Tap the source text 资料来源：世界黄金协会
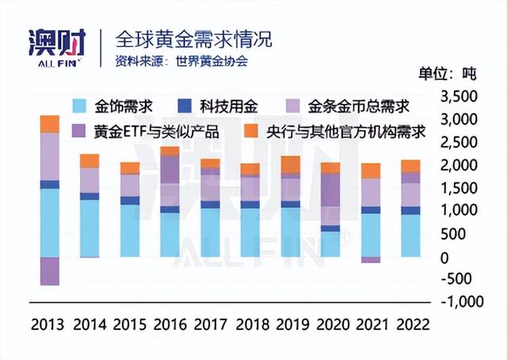[181, 61]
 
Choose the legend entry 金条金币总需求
[349, 105]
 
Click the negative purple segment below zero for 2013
[50, 270]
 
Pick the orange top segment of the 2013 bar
[50, 124]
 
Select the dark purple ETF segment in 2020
[330, 190]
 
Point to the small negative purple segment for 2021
[370, 260]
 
